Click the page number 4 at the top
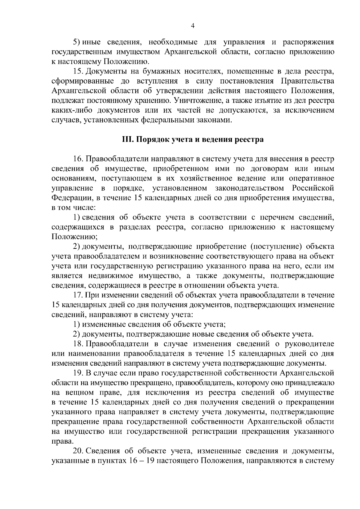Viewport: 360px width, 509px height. [193, 26]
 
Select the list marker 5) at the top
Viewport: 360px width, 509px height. [77, 43]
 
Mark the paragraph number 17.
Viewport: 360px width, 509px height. [79, 295]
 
